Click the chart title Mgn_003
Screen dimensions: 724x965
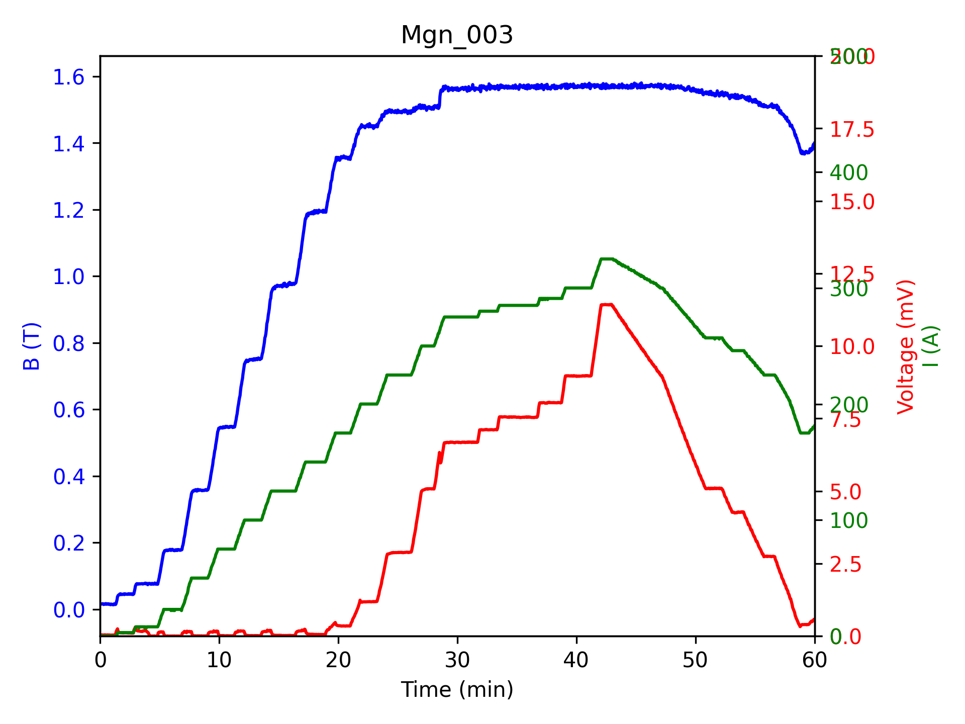[457, 36]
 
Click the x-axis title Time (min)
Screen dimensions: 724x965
[457, 689]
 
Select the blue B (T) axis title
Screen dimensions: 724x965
[32, 346]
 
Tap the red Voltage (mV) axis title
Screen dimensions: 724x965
[906, 347]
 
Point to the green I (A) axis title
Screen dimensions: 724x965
[931, 347]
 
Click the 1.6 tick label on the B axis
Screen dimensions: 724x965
[69, 77]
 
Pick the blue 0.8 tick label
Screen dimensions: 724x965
[69, 343]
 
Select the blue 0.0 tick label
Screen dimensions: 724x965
[69, 610]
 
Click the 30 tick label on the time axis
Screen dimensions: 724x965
[457, 660]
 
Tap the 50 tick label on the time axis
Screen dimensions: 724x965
[696, 660]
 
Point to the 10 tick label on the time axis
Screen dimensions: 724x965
[219, 660]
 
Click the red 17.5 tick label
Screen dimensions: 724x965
[852, 130]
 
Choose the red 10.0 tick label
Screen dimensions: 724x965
[852, 347]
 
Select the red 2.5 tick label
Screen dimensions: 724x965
[845, 565]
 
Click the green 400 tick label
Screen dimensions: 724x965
[849, 173]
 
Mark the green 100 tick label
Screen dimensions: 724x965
[849, 520]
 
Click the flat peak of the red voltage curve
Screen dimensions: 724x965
[606, 305]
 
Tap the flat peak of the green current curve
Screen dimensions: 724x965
[607, 259]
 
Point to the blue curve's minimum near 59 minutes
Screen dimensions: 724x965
[803, 153]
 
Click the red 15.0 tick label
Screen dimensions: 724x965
[852, 202]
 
